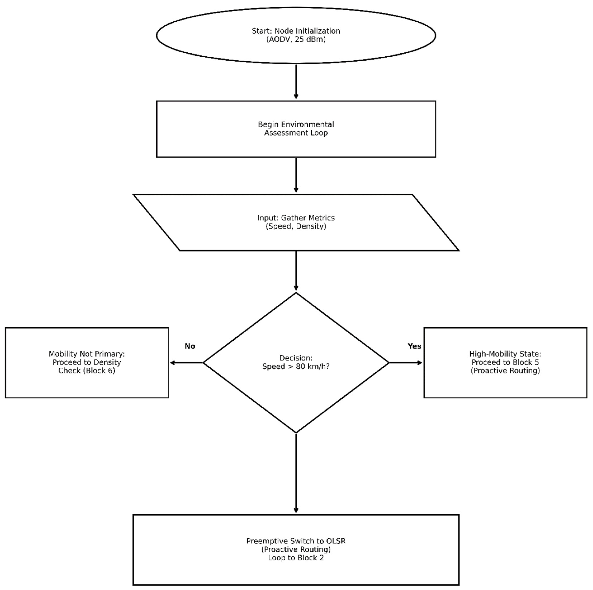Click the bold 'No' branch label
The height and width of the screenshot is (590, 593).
[x=190, y=346]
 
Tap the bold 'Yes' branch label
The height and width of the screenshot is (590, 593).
[x=414, y=346]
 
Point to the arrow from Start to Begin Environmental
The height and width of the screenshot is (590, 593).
[x=296, y=81]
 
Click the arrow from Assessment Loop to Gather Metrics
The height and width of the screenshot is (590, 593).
[x=296, y=175]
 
